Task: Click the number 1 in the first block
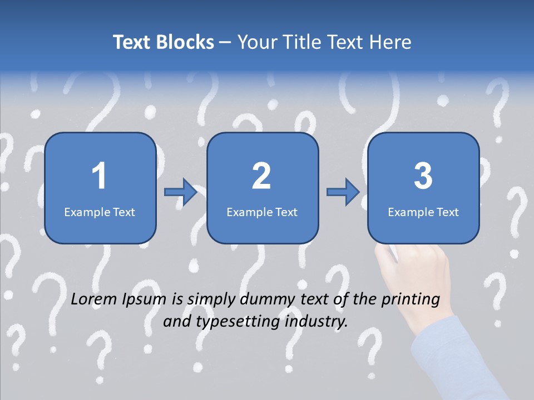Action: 99,176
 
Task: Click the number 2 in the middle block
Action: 261,176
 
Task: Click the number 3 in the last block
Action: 423,176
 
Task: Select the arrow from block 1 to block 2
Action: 181,192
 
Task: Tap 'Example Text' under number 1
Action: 100,212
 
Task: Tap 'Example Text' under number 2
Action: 262,212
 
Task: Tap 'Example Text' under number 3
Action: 423,212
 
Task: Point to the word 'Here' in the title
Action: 392,42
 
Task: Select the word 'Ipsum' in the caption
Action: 146,301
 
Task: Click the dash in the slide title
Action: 225,42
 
